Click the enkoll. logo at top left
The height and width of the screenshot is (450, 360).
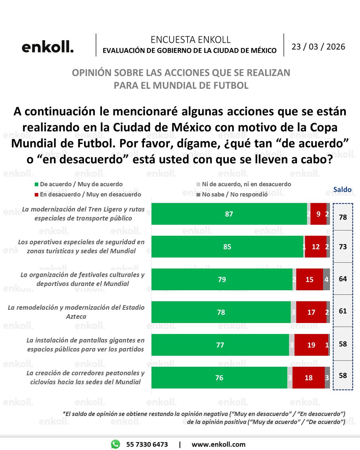point(48,48)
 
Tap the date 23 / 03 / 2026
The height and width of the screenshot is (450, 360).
point(318,47)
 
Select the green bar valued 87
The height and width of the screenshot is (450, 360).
point(229,214)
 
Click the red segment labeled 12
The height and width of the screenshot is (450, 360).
point(315,247)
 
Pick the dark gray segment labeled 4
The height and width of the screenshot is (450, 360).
point(326,279)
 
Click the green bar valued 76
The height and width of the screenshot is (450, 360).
point(219,378)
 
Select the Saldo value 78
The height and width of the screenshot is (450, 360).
point(343,217)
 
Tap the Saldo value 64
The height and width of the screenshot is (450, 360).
point(343,279)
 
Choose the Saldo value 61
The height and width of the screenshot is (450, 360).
point(343,311)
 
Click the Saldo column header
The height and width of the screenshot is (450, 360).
point(343,189)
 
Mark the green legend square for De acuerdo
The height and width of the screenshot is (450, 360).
point(36,184)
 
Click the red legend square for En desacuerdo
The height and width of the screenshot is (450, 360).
point(36,195)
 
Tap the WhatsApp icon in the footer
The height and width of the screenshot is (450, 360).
point(115,444)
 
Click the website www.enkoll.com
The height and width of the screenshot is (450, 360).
point(218,444)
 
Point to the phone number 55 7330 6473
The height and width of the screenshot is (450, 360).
point(147,444)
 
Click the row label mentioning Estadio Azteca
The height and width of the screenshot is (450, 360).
point(76,312)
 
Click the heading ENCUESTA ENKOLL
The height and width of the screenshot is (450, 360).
point(190,40)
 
